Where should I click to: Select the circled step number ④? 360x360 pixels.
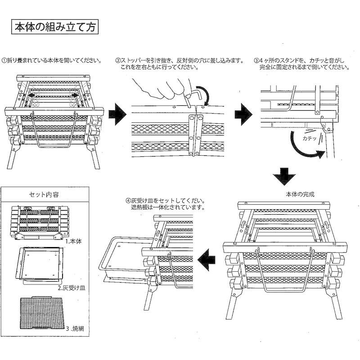coord(128,201)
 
